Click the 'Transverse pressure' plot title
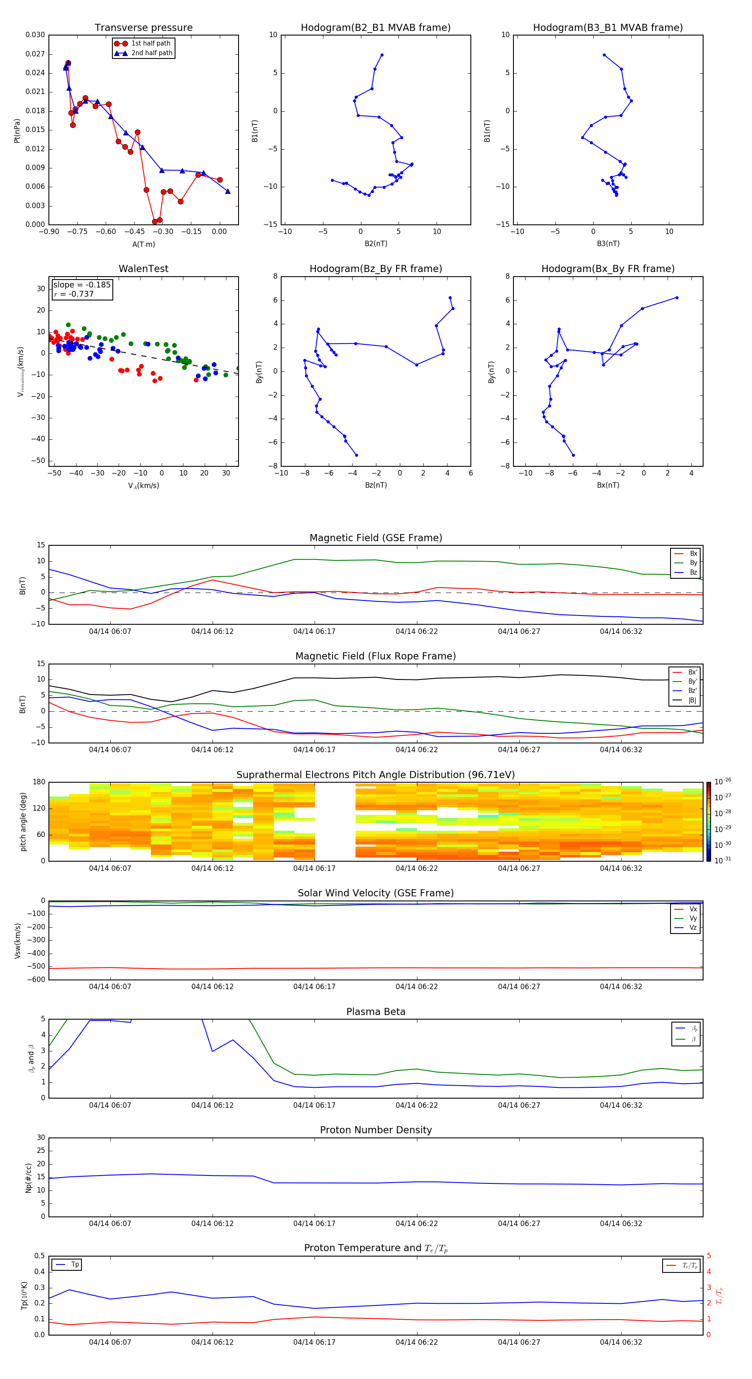143,28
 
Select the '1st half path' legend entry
150,43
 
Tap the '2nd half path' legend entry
152,53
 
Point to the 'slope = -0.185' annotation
82,285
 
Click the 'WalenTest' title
143,269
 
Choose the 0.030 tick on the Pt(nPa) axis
36,35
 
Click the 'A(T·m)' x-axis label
143,244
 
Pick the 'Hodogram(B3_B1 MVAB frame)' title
607,28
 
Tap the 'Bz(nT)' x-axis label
376,485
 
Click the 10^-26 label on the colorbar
723,781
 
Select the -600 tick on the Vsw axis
36,980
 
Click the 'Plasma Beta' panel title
376,1012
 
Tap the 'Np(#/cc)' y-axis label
28,1178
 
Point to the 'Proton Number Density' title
376,1130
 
